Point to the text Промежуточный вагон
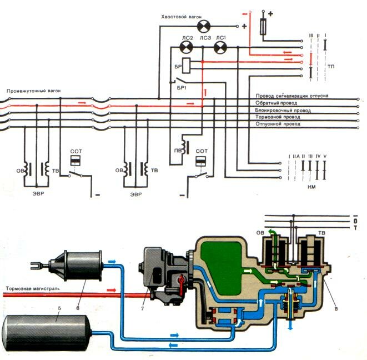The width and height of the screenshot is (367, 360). tap(30, 90)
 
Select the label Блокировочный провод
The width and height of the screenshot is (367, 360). tap(281, 111)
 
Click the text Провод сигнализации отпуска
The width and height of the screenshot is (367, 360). tap(291, 96)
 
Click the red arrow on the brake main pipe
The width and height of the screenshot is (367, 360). tap(110, 290)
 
